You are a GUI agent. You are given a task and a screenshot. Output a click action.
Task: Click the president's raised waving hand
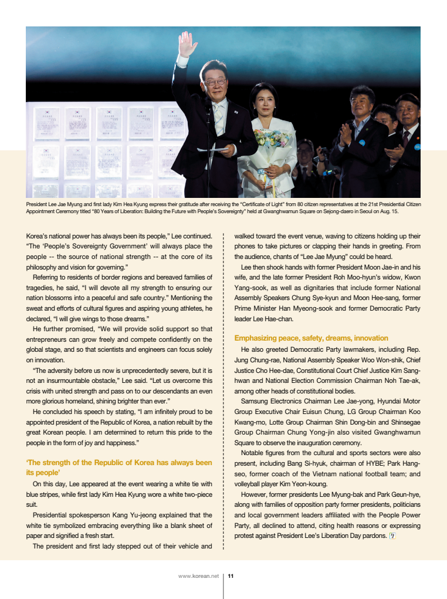click(x=187, y=43)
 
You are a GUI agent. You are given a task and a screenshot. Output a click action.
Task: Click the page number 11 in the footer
click(x=231, y=576)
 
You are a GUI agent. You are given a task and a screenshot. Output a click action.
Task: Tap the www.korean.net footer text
click(x=198, y=576)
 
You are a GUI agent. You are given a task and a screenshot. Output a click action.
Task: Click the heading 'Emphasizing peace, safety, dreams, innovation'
click(x=311, y=338)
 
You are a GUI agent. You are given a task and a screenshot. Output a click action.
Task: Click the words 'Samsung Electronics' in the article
click(x=272, y=401)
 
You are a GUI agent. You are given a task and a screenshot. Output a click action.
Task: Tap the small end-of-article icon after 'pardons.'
click(x=392, y=536)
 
